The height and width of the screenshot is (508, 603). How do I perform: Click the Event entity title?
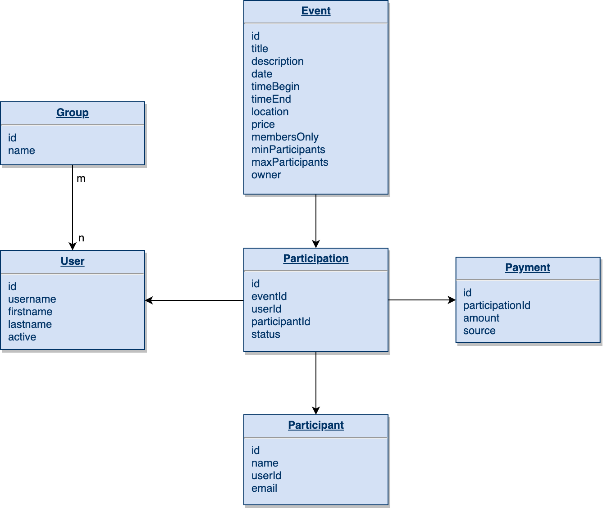coord(315,11)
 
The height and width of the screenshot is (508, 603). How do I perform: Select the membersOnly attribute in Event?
coord(285,137)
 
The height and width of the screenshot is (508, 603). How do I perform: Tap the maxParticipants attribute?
coord(290,162)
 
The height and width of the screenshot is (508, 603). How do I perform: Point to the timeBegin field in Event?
coord(275,86)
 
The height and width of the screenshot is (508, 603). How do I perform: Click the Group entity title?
coord(72,113)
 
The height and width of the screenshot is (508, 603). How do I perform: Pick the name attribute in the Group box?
coord(22,150)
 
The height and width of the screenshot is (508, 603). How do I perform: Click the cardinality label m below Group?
coord(81,179)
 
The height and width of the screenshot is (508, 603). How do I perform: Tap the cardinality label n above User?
coord(81,238)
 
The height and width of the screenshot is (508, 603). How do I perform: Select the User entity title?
coord(72,261)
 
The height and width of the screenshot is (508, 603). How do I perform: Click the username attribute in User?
coord(32,299)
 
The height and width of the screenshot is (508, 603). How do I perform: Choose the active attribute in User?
coord(22,337)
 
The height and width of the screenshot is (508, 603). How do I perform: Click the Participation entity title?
coord(315,259)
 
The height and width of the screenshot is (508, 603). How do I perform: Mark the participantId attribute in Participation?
coord(281,322)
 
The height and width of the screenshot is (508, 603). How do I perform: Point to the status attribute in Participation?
coord(266,334)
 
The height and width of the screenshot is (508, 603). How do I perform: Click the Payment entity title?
coord(527,268)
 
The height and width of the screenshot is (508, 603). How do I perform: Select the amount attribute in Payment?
coord(481,318)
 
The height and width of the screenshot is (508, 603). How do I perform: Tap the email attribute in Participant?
coord(265,488)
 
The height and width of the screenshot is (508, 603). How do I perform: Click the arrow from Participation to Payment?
coord(421,300)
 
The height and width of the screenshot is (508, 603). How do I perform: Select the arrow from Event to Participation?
coord(316,221)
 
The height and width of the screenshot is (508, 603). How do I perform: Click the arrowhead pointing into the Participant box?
coord(316,410)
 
